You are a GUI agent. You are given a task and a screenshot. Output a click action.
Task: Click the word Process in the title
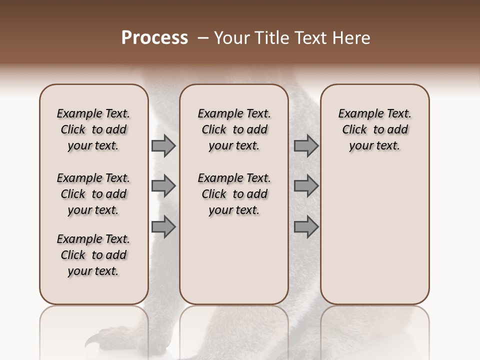click(x=154, y=38)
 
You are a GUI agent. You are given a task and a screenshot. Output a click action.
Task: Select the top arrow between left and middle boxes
click(x=163, y=145)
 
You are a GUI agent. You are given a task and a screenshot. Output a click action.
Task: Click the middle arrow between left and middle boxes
click(x=163, y=186)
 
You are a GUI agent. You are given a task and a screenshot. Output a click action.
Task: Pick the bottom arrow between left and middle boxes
click(x=163, y=227)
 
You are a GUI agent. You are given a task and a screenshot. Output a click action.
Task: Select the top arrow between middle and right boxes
click(x=305, y=145)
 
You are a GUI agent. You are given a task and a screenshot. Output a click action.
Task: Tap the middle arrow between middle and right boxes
click(x=305, y=186)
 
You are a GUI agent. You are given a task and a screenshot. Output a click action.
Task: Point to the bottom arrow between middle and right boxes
click(x=305, y=227)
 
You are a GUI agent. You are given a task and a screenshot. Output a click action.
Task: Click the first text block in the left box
click(x=93, y=129)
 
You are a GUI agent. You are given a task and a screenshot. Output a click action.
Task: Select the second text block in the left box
click(x=93, y=194)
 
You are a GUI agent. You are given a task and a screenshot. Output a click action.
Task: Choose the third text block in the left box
click(x=93, y=255)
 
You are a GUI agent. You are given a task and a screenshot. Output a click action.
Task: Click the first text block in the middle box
click(x=234, y=129)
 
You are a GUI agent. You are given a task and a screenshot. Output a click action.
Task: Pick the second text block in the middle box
click(x=234, y=194)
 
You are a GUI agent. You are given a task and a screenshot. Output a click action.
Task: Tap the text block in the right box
click(x=375, y=129)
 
